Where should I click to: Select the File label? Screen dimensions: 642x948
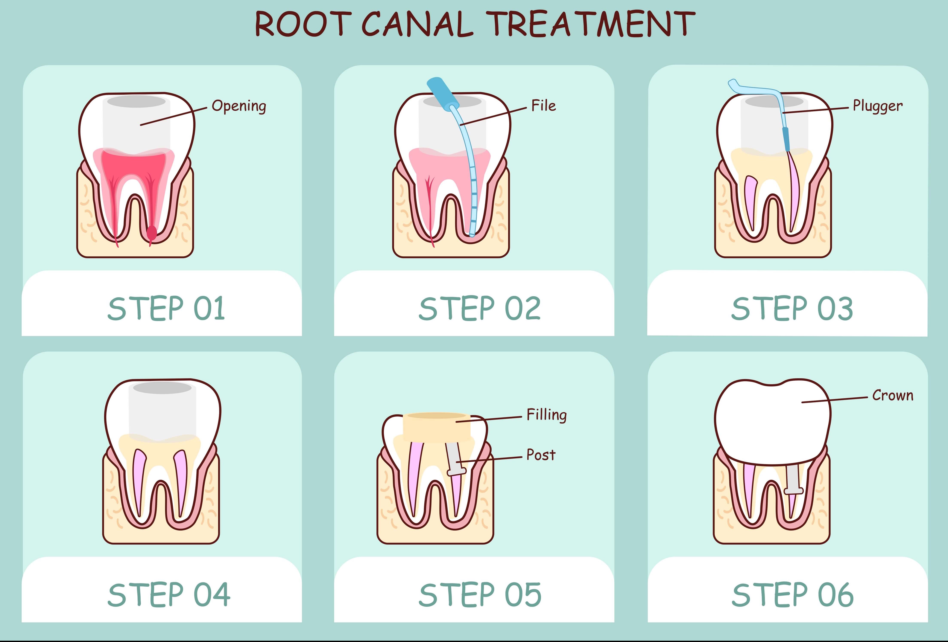click(x=543, y=106)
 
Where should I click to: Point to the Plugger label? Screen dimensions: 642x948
click(x=877, y=106)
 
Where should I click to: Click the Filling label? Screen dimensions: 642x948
click(x=547, y=415)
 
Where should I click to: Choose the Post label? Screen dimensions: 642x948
click(x=541, y=455)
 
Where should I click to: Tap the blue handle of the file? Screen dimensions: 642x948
click(x=442, y=92)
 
